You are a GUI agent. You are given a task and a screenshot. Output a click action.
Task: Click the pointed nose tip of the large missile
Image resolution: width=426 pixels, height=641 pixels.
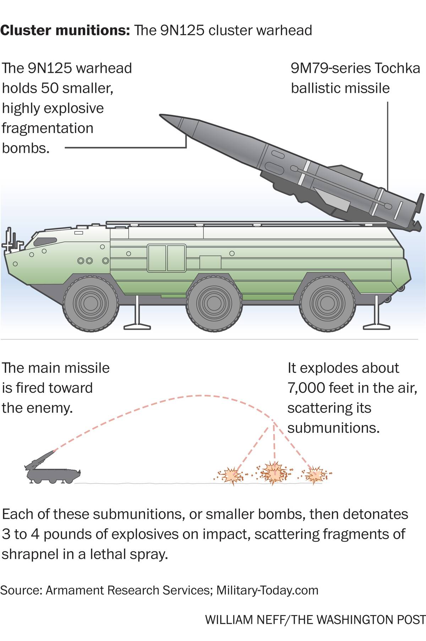click(162, 115)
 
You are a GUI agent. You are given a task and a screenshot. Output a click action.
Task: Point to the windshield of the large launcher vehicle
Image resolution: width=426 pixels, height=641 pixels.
click(45, 241)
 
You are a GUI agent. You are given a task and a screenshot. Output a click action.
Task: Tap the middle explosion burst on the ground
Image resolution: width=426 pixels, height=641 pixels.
click(274, 472)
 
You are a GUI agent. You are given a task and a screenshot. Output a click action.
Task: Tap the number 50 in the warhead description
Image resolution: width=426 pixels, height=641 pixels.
click(50, 88)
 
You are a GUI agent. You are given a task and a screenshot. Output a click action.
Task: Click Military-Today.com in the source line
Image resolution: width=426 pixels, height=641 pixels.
click(267, 590)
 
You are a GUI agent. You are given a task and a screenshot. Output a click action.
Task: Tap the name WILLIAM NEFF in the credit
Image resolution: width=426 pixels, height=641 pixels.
click(245, 620)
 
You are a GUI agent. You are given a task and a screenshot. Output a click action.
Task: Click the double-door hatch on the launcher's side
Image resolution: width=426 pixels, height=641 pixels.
click(166, 258)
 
